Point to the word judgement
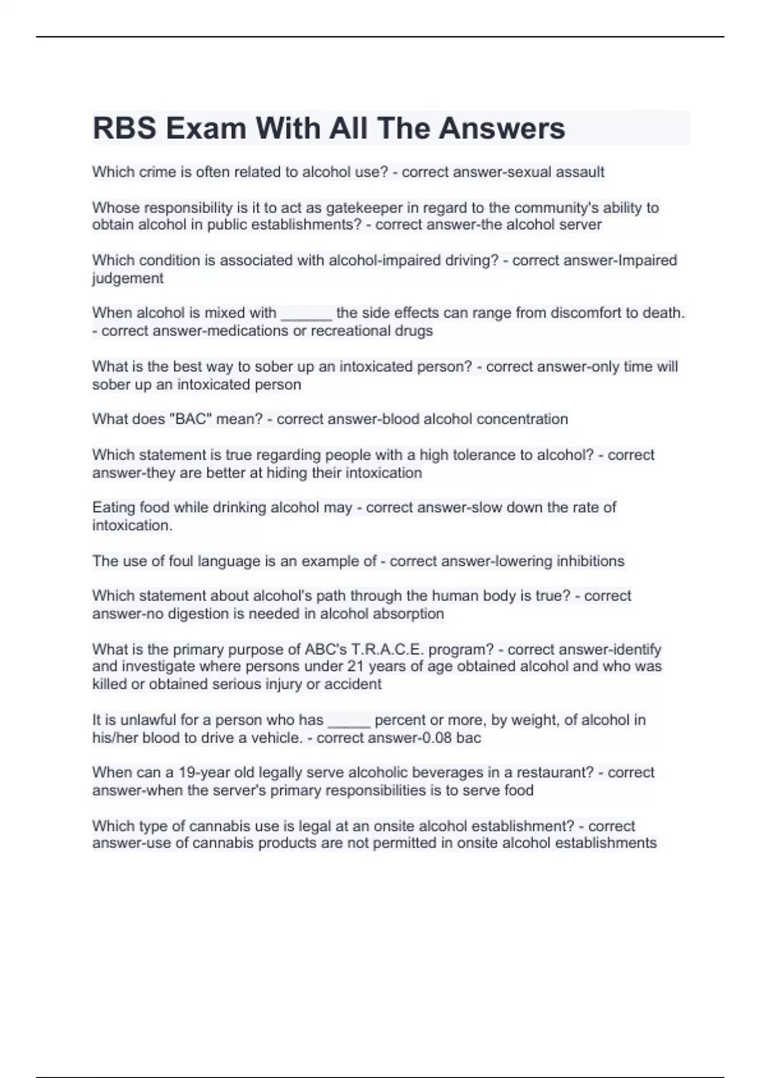[x=127, y=278]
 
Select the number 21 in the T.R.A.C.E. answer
[x=355, y=666]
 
